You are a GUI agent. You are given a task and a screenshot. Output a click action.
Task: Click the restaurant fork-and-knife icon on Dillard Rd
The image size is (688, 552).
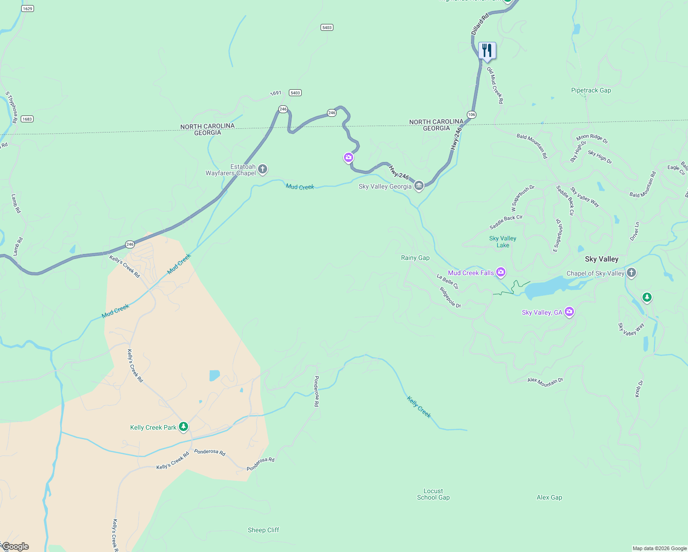(x=487, y=51)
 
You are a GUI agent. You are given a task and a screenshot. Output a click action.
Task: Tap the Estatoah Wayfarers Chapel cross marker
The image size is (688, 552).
(x=263, y=169)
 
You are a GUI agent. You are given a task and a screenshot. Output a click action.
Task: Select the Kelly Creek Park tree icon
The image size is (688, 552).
(x=183, y=427)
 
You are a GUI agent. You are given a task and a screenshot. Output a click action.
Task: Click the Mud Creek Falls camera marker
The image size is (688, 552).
(x=501, y=272)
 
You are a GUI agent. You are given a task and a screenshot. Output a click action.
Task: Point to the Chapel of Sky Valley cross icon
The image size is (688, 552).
(x=631, y=273)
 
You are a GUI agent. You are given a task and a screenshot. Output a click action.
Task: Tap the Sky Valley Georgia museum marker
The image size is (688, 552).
(x=419, y=186)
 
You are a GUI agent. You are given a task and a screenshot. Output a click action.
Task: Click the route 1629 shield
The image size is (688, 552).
(x=28, y=9)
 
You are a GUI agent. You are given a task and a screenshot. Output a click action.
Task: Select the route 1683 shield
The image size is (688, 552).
(x=27, y=119)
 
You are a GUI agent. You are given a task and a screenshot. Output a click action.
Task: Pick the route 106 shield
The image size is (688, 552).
(x=471, y=115)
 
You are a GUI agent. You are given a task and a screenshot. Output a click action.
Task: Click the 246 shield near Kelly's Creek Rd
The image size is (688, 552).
(x=130, y=244)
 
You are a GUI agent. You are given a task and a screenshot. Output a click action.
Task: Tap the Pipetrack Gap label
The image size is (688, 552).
(x=591, y=91)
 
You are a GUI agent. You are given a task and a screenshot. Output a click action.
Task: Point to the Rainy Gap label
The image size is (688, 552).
(x=415, y=258)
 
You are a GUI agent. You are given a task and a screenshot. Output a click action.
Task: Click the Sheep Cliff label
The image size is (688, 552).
(x=264, y=530)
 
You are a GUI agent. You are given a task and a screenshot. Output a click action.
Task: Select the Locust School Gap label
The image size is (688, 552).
(x=433, y=494)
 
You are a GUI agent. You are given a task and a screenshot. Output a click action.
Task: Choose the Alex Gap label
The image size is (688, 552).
(x=549, y=497)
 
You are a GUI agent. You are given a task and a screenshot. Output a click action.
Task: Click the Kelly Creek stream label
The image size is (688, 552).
(x=419, y=407)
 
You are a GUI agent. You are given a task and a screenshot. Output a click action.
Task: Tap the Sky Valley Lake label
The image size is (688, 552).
(x=503, y=241)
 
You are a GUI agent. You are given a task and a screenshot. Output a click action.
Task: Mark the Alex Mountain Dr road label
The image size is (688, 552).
(x=545, y=381)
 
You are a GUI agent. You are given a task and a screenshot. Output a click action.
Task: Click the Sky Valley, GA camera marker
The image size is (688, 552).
(x=569, y=312)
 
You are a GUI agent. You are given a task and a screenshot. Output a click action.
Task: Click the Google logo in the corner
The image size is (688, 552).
(x=16, y=546)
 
